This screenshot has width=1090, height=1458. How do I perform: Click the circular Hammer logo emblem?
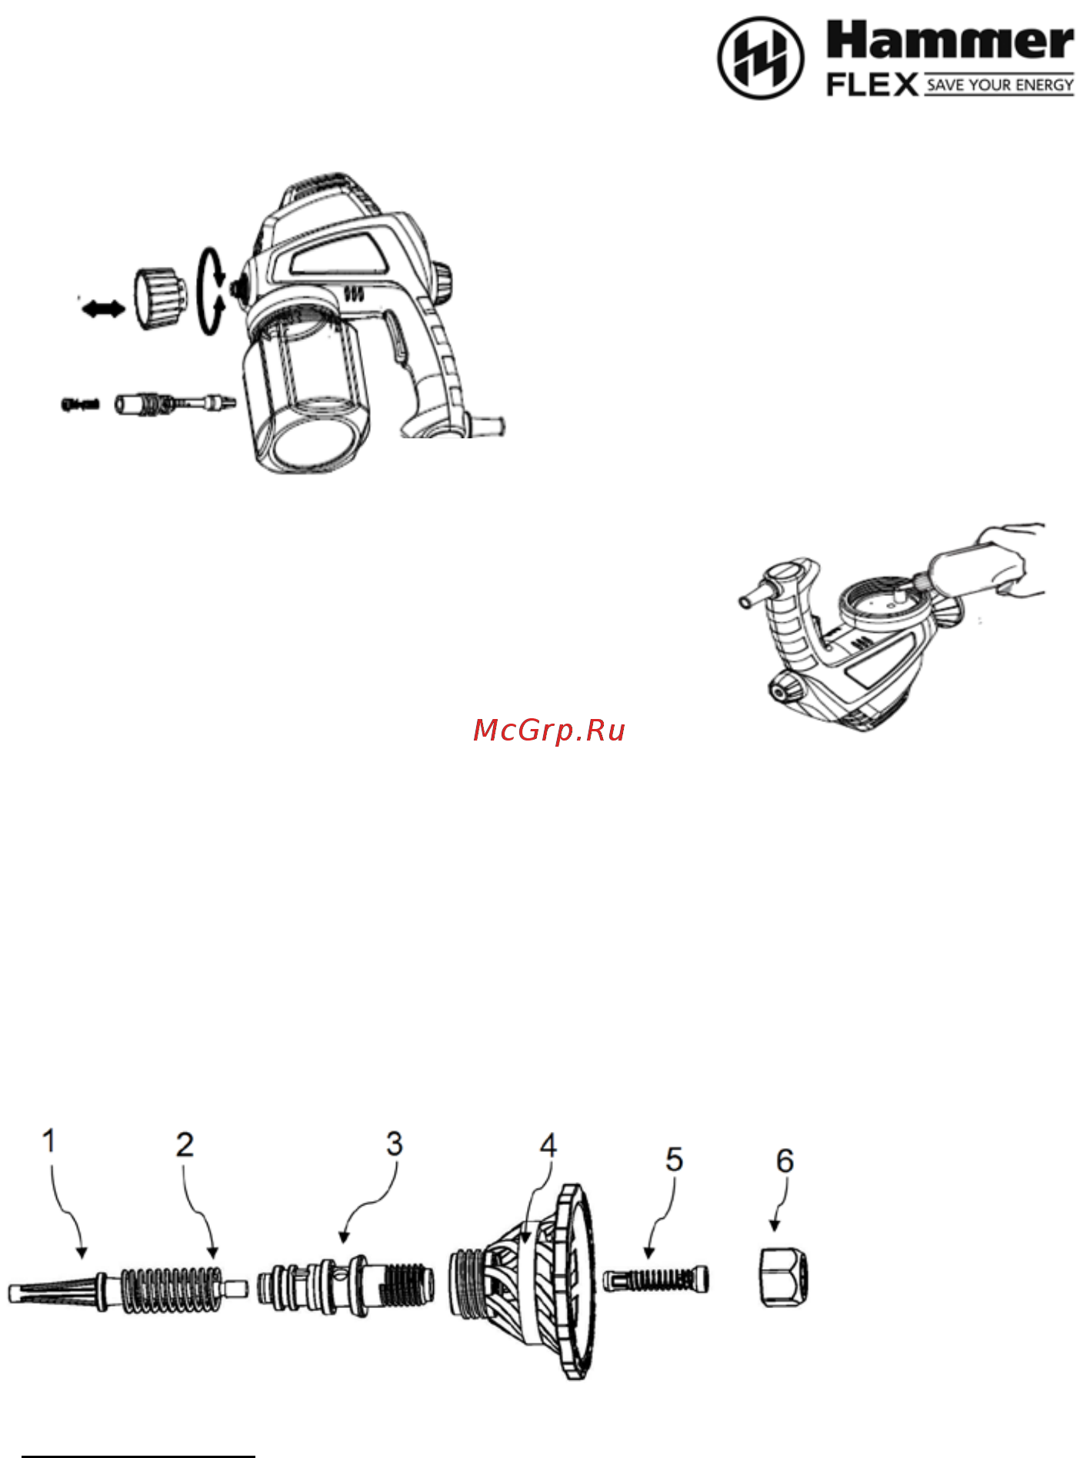point(761,58)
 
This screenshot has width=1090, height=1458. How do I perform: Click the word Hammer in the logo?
point(950,41)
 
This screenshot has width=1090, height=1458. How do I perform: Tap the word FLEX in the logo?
point(872,85)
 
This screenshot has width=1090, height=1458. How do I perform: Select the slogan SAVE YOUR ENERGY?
point(1000,85)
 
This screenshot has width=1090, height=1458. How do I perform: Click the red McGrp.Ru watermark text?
point(549,730)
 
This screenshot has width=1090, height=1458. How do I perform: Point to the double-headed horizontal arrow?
point(103,309)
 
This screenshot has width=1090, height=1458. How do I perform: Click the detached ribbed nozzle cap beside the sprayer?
point(160,298)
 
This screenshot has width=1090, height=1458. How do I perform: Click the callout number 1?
point(49,1141)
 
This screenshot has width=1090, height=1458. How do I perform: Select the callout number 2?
point(185,1145)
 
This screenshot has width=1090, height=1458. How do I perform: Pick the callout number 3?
point(395,1144)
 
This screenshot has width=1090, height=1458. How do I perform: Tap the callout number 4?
point(548,1146)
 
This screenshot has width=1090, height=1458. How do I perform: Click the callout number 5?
point(675,1160)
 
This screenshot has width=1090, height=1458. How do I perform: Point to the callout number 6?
point(785,1161)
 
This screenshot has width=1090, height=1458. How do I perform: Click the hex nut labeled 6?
point(784,1277)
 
